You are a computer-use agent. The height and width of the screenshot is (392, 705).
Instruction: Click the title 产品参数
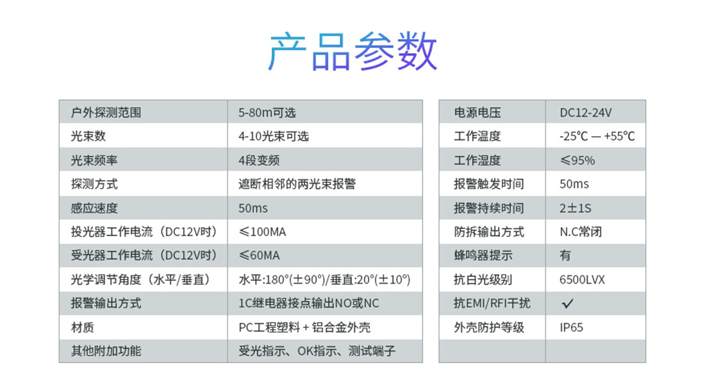[352, 51]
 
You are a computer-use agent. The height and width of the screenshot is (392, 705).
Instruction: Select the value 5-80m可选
[267, 112]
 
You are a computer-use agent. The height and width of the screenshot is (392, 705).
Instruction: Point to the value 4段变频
[259, 160]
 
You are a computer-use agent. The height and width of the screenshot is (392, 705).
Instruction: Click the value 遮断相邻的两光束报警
[297, 183]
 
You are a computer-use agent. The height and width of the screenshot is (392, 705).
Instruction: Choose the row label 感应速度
[94, 208]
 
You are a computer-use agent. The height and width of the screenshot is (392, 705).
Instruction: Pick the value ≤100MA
[263, 232]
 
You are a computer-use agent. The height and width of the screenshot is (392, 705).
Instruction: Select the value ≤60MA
[260, 255]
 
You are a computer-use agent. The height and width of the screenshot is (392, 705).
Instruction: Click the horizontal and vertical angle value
[325, 280]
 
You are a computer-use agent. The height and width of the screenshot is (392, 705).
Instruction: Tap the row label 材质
[82, 327]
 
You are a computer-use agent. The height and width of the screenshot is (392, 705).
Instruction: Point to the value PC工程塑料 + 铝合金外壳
[305, 327]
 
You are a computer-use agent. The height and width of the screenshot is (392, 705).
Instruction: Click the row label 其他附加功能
[106, 351]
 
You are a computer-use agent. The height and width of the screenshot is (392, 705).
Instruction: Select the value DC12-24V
[586, 112]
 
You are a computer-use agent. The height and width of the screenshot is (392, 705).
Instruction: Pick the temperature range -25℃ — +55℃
[597, 137]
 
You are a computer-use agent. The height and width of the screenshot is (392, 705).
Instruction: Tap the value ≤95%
[577, 160]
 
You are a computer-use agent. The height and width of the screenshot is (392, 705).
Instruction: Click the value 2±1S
[576, 208]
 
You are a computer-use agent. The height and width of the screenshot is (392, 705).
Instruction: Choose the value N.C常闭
[581, 232]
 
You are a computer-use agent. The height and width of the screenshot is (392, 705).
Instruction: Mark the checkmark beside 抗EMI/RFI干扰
[567, 304]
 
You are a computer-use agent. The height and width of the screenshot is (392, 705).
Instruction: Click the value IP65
[572, 327]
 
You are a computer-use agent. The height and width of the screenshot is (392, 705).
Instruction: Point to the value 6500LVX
[582, 280]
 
